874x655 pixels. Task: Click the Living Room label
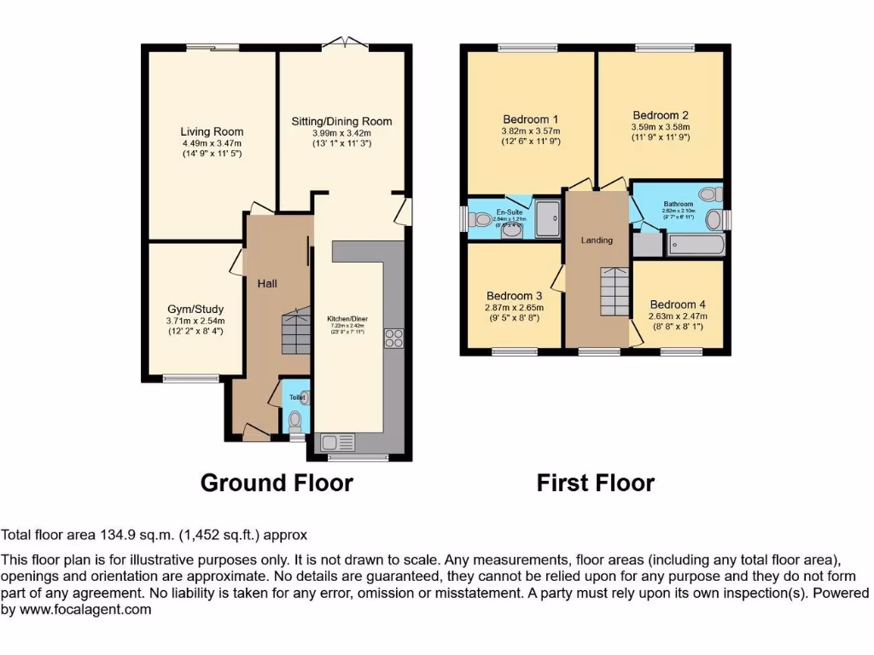click(212, 131)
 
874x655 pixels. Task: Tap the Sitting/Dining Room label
click(341, 121)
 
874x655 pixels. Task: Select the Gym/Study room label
click(195, 309)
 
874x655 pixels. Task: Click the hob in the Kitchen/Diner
click(393, 339)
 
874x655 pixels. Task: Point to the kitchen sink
click(336, 443)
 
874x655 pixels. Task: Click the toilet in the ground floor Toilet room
click(295, 420)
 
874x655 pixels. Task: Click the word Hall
click(268, 283)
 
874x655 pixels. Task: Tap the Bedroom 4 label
click(678, 304)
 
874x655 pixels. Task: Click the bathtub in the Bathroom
click(696, 246)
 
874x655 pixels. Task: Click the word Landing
click(597, 240)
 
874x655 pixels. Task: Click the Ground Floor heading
click(277, 483)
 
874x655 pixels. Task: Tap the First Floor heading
click(595, 483)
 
